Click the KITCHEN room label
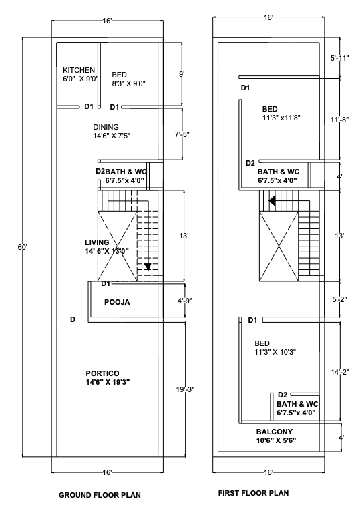pos(79,70)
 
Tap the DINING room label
pos(106,126)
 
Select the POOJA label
pos(116,302)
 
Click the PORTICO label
pos(102,373)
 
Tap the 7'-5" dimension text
pos(182,134)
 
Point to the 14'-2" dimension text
pos(339,371)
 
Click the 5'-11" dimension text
pos(339,59)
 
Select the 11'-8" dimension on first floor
pos(340,120)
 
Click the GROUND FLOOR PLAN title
pos(100,495)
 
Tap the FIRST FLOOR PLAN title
pos(254,493)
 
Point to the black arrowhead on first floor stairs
pos(273,200)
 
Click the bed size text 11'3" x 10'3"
pos(275,351)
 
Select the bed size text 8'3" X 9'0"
pos(129,83)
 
